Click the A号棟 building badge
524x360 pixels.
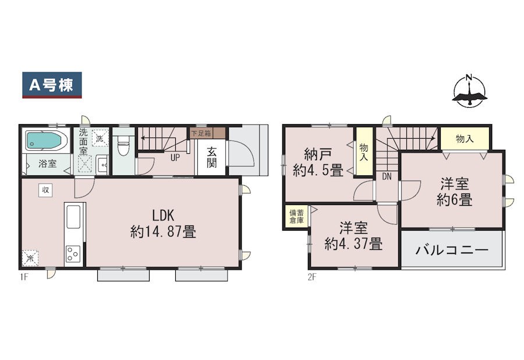52,85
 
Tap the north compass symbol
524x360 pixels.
469,91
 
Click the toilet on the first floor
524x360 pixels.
123,146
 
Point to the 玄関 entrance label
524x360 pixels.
211,157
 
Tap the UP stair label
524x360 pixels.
175,158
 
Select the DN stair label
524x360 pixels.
387,177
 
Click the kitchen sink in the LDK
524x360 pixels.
73,217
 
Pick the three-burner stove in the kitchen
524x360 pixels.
73,254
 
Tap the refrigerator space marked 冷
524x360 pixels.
30,259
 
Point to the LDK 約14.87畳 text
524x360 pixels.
163,224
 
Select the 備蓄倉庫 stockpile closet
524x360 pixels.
297,217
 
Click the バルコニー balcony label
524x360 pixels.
452,250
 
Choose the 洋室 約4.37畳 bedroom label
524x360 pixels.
353,236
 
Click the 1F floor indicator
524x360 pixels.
23,277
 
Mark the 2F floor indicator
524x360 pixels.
311,277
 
